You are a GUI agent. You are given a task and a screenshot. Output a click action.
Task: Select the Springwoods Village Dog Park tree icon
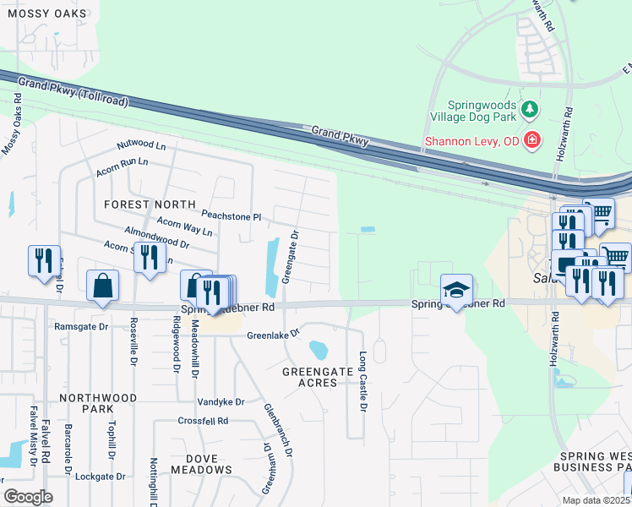(x=530, y=108)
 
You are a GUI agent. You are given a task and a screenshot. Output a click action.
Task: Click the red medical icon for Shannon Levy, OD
(x=532, y=140)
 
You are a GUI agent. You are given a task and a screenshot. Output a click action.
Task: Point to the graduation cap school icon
(x=455, y=291)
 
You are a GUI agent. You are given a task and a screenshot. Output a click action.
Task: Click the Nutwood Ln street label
(x=141, y=146)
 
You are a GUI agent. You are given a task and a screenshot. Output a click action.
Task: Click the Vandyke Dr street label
(x=221, y=402)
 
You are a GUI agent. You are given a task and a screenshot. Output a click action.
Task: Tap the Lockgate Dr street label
(x=100, y=477)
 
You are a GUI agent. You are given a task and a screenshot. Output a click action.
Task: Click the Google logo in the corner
(x=28, y=497)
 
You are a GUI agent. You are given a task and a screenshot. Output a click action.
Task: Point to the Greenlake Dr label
(x=273, y=335)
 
